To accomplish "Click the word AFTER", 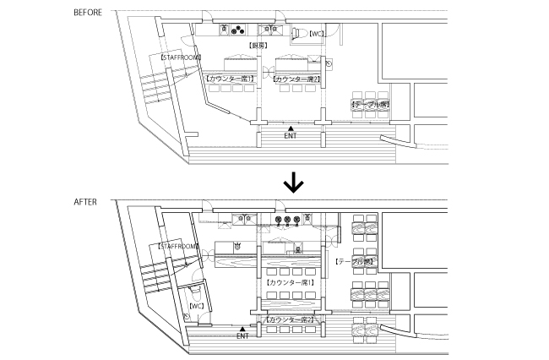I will coord(85,202).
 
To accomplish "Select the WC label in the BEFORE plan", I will coord(317,35).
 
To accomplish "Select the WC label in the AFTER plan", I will coord(196,306).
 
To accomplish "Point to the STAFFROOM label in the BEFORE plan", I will coord(180,57).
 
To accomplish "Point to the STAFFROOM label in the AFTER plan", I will coord(177,246).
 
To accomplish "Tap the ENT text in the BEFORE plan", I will coord(290,135).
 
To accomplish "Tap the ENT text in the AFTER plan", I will coord(242,336).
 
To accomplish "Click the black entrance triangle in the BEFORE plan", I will coord(290,128).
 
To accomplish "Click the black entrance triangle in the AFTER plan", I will coord(242,328).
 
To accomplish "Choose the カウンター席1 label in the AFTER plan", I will coord(290,281).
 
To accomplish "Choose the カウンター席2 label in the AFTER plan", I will coord(290,320).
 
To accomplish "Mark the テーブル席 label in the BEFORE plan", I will coord(369,103).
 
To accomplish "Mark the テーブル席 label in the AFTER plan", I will coord(355,262).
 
